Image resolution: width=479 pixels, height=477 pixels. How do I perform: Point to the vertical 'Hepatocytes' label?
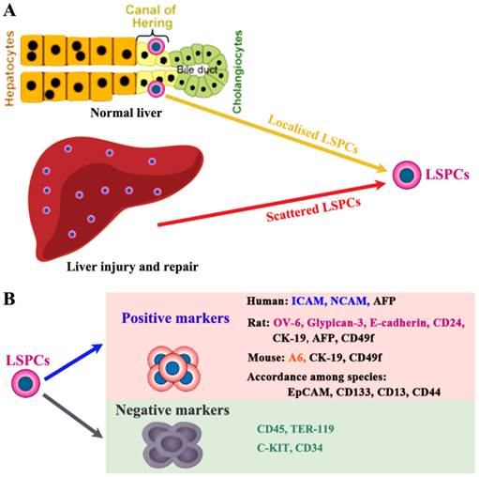tap(9, 66)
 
